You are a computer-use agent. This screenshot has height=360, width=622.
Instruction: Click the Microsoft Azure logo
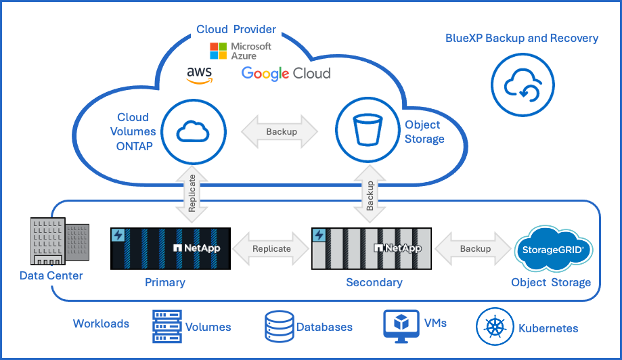pos(240,51)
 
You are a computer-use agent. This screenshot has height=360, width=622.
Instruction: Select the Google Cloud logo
pos(286,73)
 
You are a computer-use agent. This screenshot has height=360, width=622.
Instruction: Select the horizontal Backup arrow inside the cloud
pos(280,131)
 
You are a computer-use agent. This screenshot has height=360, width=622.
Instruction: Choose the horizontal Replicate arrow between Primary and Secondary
pos(271,248)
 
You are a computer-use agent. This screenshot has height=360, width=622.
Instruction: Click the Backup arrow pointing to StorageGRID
pos(474,248)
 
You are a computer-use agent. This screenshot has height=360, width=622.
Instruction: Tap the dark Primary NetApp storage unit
pos(170,248)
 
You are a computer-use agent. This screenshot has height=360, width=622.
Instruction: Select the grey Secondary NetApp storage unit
pos(371,248)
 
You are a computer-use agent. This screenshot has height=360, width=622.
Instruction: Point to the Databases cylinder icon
pos(278,326)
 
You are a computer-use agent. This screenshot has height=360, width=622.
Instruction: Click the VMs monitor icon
pos(399,325)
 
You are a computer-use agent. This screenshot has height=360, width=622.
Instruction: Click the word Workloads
pos(101,323)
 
